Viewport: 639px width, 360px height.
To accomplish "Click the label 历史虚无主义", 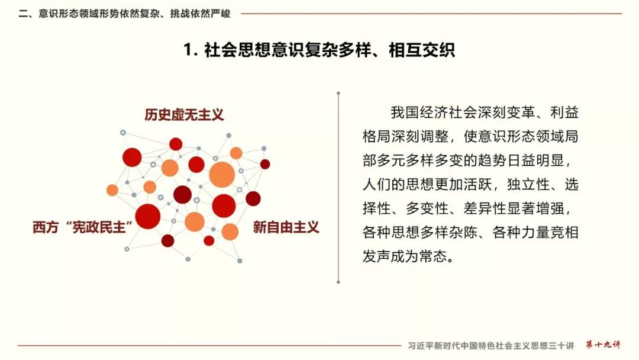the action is point(184,114).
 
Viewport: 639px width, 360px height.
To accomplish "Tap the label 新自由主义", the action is point(286,227).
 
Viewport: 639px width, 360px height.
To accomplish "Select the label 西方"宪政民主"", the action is point(83,227).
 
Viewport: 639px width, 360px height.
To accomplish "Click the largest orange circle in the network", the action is point(222,175).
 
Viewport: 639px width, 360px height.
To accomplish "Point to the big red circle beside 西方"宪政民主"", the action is point(148,217).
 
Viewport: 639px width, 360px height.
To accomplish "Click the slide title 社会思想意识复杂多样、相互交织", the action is point(330,50).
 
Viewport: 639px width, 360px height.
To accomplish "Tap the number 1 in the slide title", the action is point(188,50).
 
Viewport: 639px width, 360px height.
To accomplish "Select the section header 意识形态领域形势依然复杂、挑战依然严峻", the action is point(134,14).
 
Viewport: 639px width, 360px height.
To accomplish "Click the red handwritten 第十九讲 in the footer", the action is point(603,345).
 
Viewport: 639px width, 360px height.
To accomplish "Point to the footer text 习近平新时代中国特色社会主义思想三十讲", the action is point(490,346).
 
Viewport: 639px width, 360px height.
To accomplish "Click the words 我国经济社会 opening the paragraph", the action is point(434,112).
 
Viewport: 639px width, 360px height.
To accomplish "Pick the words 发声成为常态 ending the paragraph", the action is point(405,256).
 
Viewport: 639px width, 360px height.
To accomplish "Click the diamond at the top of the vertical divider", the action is point(338,94).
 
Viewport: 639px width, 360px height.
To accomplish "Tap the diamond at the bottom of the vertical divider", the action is point(338,282).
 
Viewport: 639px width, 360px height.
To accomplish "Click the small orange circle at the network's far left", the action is point(112,190).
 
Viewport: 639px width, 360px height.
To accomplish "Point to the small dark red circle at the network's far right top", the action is point(265,164).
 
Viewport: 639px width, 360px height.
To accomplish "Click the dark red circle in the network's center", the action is point(183,194).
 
